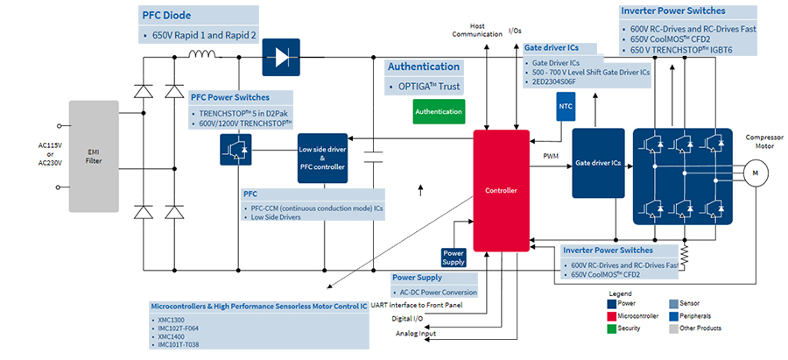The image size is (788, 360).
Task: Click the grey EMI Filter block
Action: [x=92, y=157]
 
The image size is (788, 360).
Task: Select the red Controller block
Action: [x=501, y=190]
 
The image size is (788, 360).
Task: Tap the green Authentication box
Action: [x=439, y=111]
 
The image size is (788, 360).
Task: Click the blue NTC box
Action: [x=564, y=106]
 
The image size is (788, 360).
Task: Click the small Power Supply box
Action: [x=454, y=258]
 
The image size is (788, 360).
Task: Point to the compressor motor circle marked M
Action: [x=752, y=174]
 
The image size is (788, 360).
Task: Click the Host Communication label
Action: [x=476, y=31]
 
